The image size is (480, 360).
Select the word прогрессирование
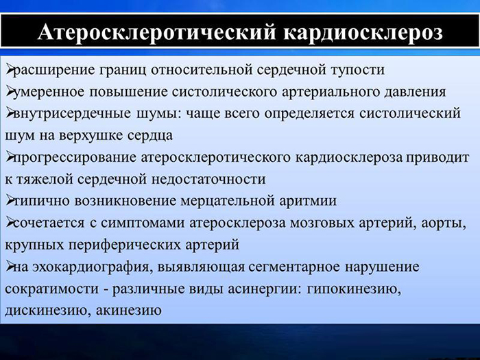pos(76,157)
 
